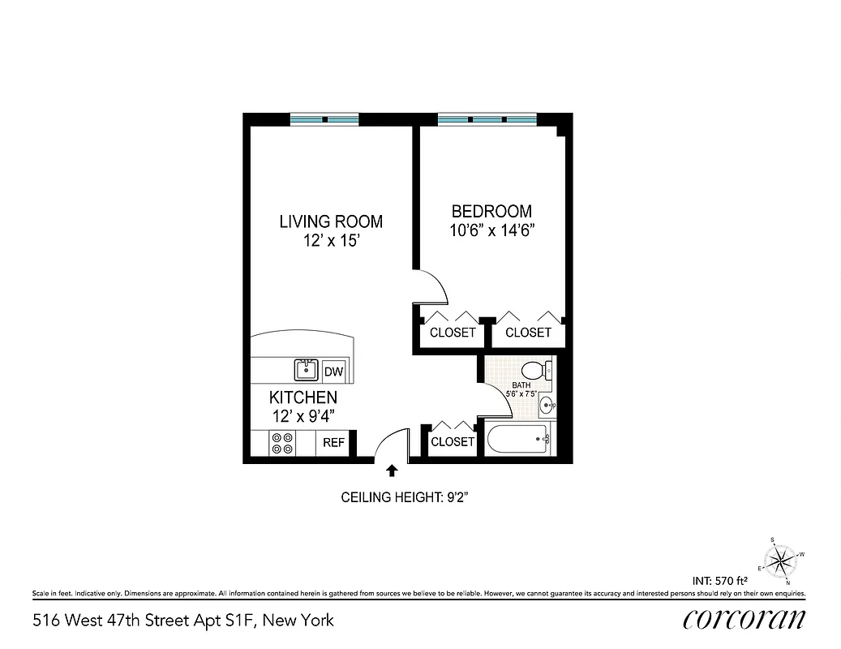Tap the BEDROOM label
[x=491, y=211]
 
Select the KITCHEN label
[x=303, y=398]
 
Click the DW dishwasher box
[x=333, y=372]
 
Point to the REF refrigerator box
[x=334, y=443]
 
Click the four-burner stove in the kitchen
[x=283, y=443]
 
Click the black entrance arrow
[x=393, y=470]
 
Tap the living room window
[x=324, y=119]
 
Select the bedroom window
[x=487, y=119]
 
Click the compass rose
[x=783, y=559]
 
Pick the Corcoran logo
[x=744, y=620]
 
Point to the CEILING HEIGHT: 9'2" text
[x=405, y=497]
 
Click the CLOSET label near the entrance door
[x=453, y=442]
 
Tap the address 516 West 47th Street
[x=183, y=621]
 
